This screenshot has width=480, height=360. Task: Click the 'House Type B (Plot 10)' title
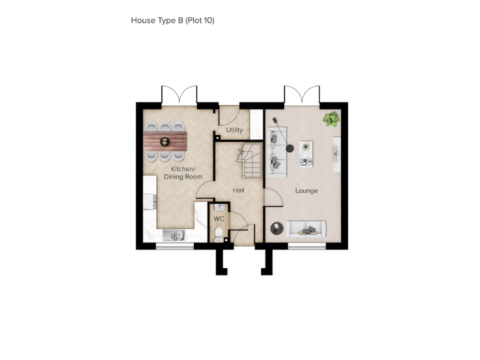point(172,21)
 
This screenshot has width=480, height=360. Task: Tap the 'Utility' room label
point(234,130)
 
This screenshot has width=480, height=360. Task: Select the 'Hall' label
point(239,190)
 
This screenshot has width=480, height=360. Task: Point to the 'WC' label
point(219,219)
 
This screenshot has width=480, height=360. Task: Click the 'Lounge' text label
point(306,191)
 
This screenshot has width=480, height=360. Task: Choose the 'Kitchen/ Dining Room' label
point(183,173)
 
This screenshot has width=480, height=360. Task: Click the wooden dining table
point(165,139)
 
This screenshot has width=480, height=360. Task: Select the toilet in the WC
point(218,234)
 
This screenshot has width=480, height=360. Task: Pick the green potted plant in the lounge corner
point(331,118)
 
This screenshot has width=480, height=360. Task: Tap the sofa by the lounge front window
point(306,229)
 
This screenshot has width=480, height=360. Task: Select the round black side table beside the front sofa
point(276,229)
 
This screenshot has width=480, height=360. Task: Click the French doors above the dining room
point(179,96)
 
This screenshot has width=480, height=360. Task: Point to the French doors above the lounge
point(302,96)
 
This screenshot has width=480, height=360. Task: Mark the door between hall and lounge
point(271,197)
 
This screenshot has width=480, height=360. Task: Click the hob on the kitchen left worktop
point(149,201)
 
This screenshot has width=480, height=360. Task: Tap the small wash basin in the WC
point(218,208)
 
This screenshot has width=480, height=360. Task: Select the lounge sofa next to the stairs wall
point(276,150)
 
